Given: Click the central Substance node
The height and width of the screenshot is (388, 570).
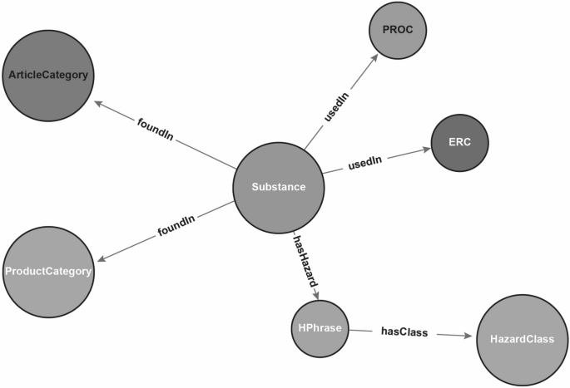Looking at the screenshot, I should tap(279, 188).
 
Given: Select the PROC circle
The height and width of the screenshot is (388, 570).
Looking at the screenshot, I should tap(398, 30).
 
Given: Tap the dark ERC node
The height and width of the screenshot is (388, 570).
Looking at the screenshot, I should tap(460, 142).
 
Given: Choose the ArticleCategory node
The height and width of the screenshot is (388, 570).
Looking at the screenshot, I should tap(48, 76).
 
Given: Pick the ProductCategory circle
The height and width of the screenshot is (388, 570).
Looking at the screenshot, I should tap(48, 271).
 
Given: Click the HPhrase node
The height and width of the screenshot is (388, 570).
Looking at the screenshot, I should tap(318, 327).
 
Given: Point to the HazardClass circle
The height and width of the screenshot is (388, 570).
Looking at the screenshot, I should tap(522, 338).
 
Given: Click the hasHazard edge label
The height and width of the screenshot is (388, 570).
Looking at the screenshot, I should tap(305, 263).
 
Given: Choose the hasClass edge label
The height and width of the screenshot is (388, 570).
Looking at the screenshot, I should tap(404, 332).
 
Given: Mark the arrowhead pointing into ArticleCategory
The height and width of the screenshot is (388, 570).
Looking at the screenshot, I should tap(99, 106).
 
